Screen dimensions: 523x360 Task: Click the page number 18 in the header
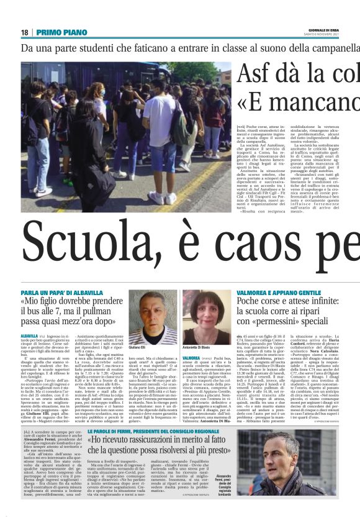(24, 32)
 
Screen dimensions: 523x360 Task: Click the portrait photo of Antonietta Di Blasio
(206, 317)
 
